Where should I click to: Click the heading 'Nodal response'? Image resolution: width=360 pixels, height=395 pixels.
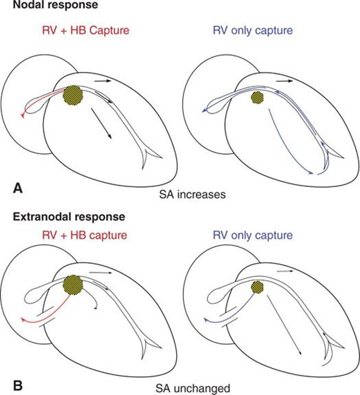pos(55,5)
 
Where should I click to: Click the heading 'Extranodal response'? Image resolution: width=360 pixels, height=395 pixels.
pos(69,217)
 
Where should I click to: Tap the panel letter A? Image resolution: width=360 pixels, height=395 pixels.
pos(18,188)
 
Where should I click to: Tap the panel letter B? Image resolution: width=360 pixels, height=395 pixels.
pos(18,386)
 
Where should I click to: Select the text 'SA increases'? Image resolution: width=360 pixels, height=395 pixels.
pos(193,194)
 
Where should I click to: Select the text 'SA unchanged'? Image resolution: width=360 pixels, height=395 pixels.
pos(193,388)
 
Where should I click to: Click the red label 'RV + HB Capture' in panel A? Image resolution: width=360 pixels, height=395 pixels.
pos(86,30)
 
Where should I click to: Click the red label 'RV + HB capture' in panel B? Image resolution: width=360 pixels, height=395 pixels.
pos(85,236)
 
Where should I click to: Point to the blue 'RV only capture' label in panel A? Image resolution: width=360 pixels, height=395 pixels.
pos(253,30)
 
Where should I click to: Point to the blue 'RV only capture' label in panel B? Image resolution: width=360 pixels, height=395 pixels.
pos(253,236)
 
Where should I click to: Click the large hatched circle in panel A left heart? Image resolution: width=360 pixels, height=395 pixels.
pos(73,95)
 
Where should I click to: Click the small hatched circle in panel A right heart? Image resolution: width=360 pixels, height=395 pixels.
pos(257,97)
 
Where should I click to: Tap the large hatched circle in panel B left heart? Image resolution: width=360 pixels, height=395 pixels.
pos(73,285)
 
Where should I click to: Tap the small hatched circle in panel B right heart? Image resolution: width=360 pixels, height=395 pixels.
pos(257,287)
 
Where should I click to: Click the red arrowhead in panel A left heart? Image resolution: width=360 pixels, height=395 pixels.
pos(22,115)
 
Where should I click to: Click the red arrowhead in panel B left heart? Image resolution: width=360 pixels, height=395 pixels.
pos(22,320)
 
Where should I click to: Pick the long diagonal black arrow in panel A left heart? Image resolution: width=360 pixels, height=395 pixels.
pos(102,123)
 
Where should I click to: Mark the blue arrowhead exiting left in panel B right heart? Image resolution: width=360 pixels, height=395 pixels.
pos(205,320)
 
